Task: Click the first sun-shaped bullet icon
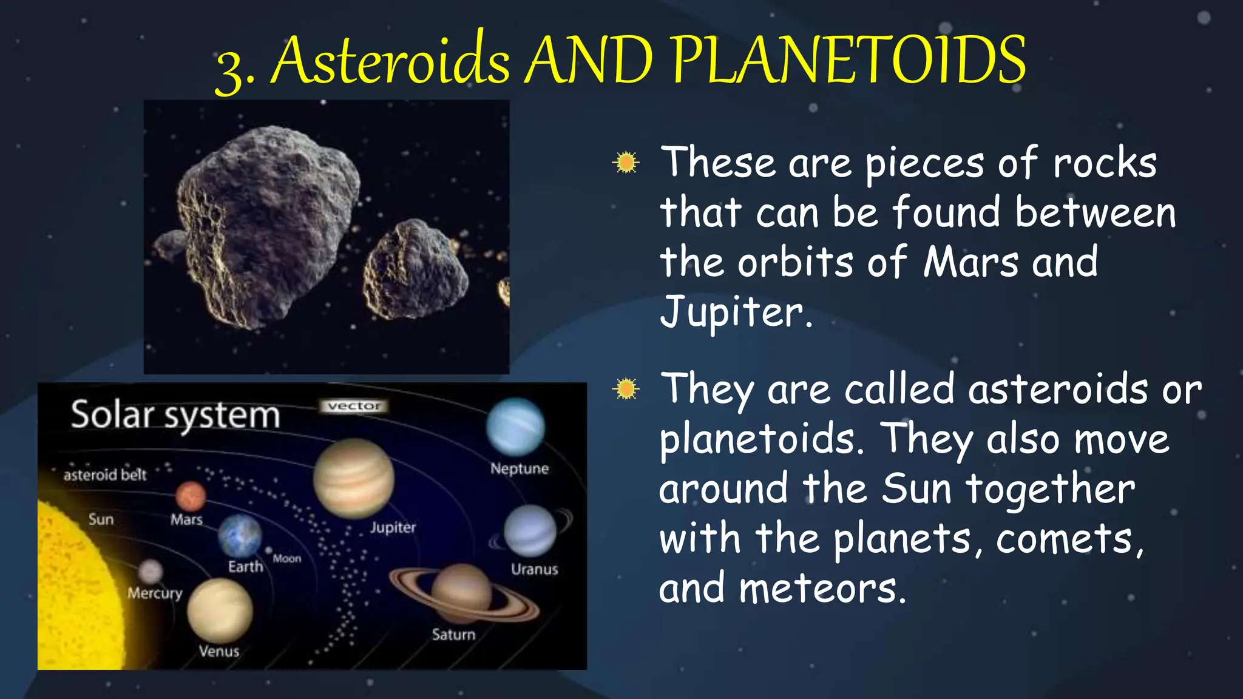[626, 163]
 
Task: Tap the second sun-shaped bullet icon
[626, 388]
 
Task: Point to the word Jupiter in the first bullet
[734, 312]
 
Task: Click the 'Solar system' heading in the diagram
[175, 416]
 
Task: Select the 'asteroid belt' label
[105, 474]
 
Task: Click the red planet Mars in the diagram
[191, 496]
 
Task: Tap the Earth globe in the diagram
[240, 536]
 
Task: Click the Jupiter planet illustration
[354, 478]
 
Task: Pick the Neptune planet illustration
[515, 427]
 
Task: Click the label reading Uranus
[534, 569]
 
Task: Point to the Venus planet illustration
[220, 610]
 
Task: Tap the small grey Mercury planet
[151, 572]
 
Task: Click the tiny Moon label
[286, 558]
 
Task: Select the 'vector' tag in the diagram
[354, 406]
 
